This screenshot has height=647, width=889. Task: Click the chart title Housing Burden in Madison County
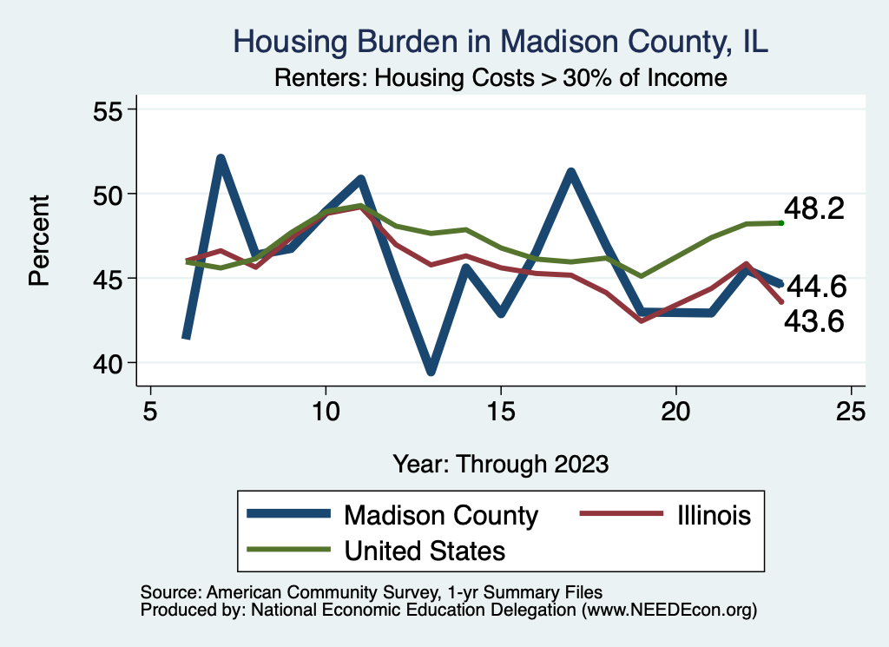click(501, 42)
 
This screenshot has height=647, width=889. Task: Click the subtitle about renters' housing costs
click(500, 78)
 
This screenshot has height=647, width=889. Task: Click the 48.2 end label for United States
click(814, 209)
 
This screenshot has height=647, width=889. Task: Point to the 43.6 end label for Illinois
click(814, 322)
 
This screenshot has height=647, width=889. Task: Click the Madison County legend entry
click(441, 515)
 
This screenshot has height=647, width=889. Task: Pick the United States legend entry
click(425, 550)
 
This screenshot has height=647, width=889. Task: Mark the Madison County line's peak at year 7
click(221, 159)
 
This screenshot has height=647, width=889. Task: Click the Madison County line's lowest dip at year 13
click(431, 371)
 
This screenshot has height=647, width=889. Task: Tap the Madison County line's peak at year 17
click(570, 172)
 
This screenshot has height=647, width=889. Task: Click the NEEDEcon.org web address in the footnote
click(669, 611)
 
